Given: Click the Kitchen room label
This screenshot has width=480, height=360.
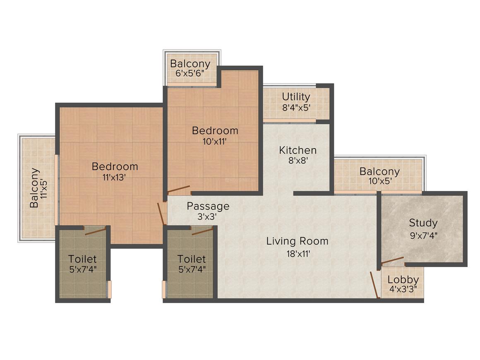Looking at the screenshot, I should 298,150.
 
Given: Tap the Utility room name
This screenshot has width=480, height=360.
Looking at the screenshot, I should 296,96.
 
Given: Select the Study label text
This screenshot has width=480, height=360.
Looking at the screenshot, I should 423,223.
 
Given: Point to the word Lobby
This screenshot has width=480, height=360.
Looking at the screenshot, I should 403,280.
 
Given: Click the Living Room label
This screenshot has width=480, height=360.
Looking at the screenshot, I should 297,240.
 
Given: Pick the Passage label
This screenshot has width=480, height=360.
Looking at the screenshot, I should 208,206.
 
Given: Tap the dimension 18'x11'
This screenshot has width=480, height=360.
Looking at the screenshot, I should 297,253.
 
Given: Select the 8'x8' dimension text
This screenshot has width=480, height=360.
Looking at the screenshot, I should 298,161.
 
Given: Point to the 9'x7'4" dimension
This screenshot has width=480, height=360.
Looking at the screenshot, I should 423,235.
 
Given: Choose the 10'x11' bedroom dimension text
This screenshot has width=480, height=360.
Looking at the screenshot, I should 215,141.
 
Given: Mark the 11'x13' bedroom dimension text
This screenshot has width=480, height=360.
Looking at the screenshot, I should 115,177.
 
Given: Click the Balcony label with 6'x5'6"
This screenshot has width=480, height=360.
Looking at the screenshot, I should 190,64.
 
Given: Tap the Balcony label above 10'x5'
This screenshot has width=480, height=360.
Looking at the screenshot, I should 379,171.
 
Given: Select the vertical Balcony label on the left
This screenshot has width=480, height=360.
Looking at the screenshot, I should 35,187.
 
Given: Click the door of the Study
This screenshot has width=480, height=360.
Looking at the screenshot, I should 392,260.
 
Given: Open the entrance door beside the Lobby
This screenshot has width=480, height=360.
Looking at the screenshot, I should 375,285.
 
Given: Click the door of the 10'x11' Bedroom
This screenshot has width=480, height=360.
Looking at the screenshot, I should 178,190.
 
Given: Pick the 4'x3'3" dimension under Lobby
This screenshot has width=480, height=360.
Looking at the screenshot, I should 403,289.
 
